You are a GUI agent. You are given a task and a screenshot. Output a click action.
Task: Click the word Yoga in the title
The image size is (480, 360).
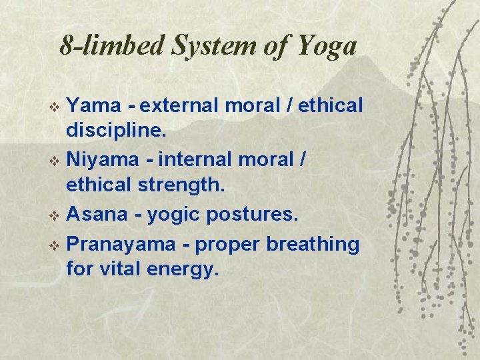327,45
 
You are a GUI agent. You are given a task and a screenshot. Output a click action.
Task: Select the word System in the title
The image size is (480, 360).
199,45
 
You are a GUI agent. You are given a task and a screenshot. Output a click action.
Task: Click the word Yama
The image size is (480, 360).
95,105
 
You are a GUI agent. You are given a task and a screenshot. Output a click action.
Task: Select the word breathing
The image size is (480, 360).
313,244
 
